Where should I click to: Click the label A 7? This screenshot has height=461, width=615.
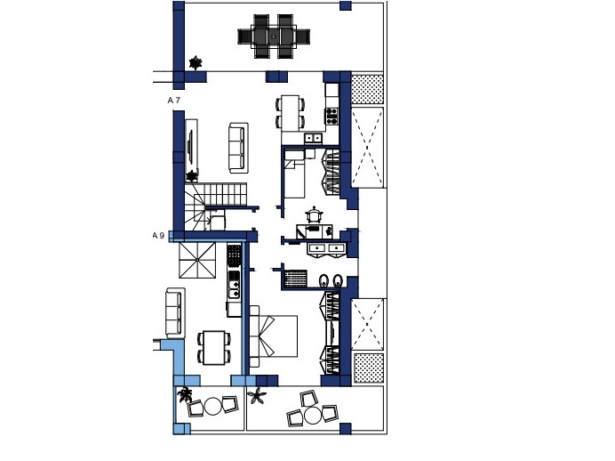click(174, 101)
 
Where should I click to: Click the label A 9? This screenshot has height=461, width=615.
click(158, 236)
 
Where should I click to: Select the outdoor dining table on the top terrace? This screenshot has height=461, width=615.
click(274, 36)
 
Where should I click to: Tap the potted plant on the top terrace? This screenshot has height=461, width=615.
click(196, 62)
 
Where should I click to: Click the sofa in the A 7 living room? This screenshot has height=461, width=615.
click(238, 147)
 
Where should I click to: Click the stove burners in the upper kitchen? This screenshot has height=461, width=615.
click(331, 116)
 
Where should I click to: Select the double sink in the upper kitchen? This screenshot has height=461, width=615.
click(313, 138)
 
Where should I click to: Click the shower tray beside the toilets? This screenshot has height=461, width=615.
click(295, 279)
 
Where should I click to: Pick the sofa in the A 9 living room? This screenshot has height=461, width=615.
click(175, 312)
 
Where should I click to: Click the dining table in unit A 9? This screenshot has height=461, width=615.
click(214, 347)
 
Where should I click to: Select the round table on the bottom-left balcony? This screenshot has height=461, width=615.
click(213, 407)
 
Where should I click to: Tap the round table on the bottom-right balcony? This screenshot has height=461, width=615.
click(312, 415)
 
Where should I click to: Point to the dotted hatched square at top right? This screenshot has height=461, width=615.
click(367, 90)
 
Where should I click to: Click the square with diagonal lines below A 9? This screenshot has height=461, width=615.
click(197, 261)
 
